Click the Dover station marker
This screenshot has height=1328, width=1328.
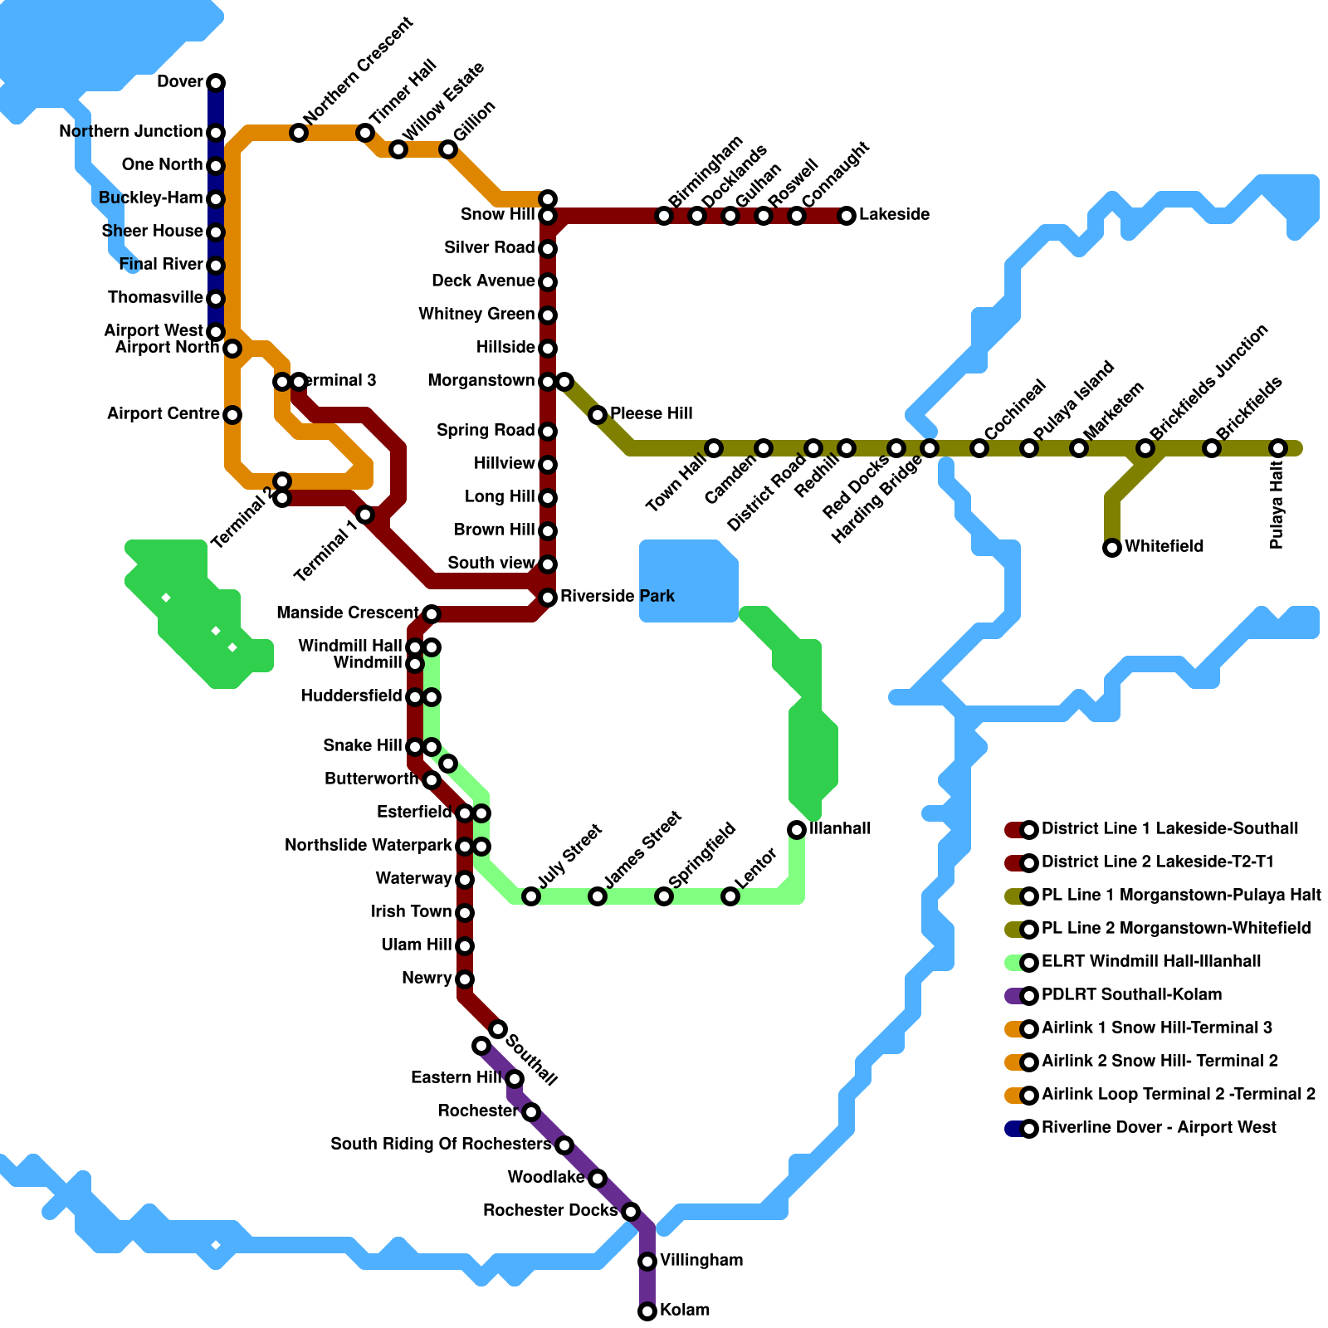pos(216,83)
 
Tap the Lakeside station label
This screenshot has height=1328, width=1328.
pos(894,215)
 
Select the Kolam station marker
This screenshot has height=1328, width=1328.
pos(647,1311)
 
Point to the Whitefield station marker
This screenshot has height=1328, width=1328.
pos(1112,548)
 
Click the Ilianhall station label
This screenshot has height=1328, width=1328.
pos(840,829)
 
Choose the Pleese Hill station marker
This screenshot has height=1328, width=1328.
pos(598,415)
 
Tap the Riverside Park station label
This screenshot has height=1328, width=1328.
pos(617,597)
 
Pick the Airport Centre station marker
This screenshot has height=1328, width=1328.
pos(232,415)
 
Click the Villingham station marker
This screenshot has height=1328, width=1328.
pos(647,1262)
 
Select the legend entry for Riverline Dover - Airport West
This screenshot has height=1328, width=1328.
pos(1158,1128)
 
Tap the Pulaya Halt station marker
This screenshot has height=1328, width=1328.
pos(1278,448)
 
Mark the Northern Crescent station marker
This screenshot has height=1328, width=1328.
pos(299,133)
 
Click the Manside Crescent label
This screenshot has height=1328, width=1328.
pos(348,613)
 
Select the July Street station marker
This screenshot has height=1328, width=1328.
pos(531,896)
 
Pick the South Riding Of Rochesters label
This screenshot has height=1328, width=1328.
pos(441,1145)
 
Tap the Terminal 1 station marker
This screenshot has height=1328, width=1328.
pos(365,515)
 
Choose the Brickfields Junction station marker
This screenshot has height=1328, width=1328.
pos(1145,448)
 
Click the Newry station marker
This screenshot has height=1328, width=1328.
pos(465,979)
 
